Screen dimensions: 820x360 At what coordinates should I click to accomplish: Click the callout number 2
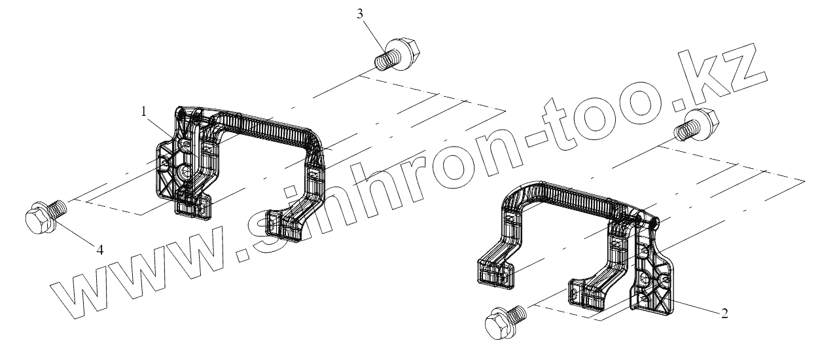(x=724, y=313)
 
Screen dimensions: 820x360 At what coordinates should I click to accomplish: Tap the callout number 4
(x=101, y=250)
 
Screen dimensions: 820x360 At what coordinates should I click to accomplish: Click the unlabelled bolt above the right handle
(x=698, y=124)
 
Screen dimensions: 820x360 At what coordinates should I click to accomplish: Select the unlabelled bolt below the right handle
(x=505, y=319)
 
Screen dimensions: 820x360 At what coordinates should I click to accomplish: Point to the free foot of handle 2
(x=493, y=271)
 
